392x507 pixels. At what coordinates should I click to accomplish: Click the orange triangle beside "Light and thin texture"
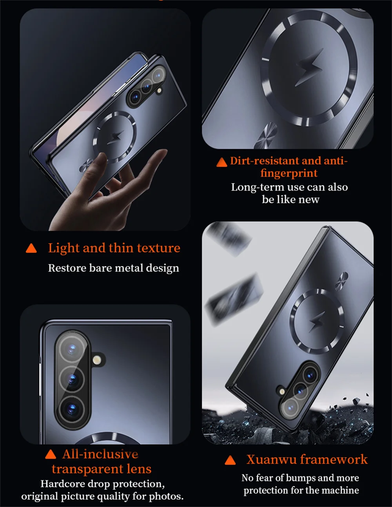click(31, 248)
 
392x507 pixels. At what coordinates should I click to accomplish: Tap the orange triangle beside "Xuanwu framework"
click(230, 460)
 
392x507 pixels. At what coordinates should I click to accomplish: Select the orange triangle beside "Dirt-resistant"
click(221, 162)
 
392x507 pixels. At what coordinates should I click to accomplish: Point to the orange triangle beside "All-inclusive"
click(51, 454)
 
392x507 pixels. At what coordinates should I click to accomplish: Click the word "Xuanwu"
click(271, 460)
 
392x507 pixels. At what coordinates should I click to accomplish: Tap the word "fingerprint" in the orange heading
click(289, 173)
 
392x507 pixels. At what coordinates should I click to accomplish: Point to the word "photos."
click(166, 496)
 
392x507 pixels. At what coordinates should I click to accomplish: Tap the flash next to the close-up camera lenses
click(97, 360)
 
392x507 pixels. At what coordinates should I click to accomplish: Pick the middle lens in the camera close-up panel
click(72, 379)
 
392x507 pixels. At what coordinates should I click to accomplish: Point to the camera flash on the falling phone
click(283, 391)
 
